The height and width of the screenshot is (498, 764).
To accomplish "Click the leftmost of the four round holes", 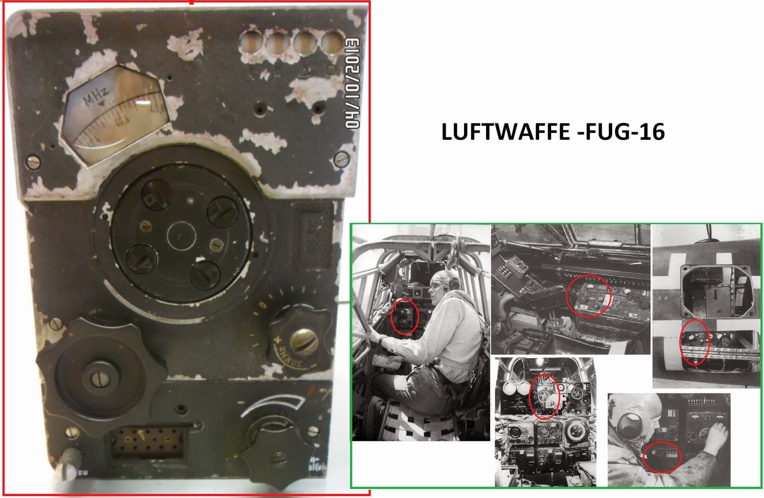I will pos(252,43).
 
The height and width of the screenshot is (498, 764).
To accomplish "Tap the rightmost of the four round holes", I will pos(332,43).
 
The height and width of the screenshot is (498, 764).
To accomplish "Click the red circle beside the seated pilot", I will pos(404,316).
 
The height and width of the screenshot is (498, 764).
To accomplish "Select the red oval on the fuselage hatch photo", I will pos(695,342).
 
